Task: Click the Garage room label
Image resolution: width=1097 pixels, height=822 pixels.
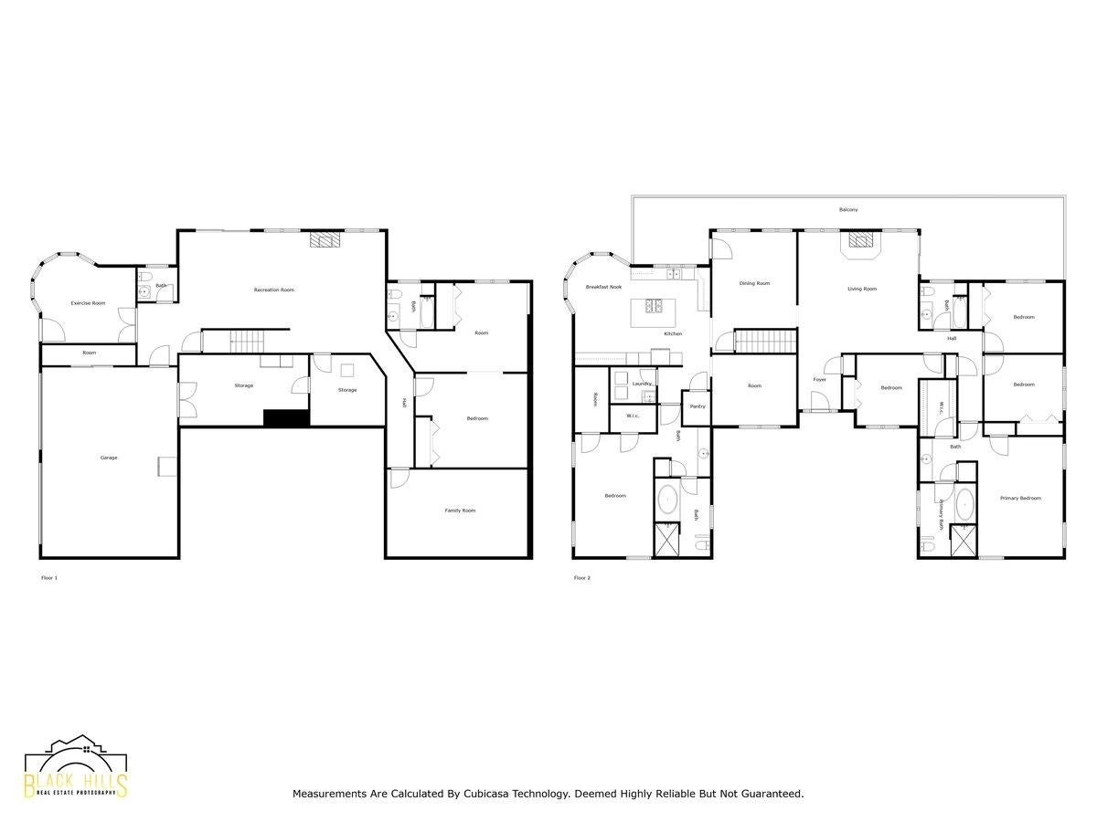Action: coord(109,458)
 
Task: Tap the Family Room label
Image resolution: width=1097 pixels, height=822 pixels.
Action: coord(460,511)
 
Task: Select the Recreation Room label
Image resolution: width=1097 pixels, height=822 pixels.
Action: coord(274,290)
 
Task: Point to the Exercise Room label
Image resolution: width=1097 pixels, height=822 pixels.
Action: coord(88,302)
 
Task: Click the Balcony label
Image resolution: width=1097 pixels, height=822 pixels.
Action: coord(848,210)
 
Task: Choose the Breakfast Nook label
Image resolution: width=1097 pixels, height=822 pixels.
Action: coord(603,288)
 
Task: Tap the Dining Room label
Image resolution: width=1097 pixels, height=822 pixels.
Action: coord(754,283)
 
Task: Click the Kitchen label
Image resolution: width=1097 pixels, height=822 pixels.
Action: coord(673,333)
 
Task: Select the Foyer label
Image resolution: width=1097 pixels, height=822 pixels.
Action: coord(820,379)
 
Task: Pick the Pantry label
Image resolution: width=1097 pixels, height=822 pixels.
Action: coord(697,406)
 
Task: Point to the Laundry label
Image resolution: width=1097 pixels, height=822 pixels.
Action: coord(642,384)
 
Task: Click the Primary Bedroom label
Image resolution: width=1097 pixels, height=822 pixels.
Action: coord(1020,498)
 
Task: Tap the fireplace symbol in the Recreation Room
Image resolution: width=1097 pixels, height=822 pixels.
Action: coord(325,240)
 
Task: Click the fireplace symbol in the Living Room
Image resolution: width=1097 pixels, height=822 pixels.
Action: coord(860,240)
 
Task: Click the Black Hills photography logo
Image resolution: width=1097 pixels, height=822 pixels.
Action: coord(76,768)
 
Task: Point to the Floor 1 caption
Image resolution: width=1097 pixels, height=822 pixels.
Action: coord(49,578)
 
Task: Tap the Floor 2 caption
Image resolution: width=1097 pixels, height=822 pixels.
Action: coord(581,578)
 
